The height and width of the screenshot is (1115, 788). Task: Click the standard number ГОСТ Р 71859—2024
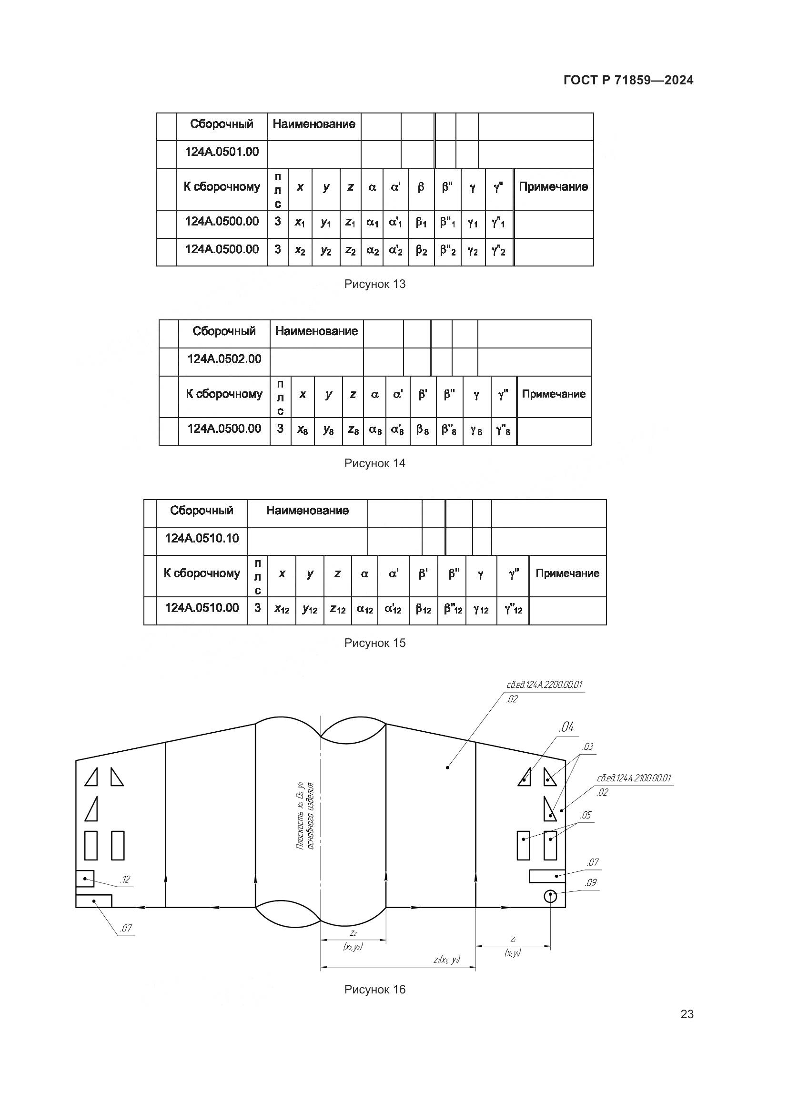pyautogui.click(x=628, y=80)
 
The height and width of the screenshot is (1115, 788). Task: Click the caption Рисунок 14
pyautogui.click(x=374, y=463)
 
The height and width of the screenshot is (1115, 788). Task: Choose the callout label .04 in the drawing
pyautogui.click(x=566, y=727)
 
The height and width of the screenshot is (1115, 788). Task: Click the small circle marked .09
pyautogui.click(x=550, y=896)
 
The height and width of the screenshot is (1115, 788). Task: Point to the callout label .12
pyautogui.click(x=125, y=880)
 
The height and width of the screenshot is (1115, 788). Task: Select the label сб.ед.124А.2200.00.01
pyautogui.click(x=544, y=685)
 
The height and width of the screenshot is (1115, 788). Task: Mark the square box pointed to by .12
pyautogui.click(x=85, y=879)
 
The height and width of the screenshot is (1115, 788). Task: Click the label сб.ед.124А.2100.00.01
pyautogui.click(x=634, y=778)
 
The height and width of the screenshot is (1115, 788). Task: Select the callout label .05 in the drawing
pyautogui.click(x=586, y=815)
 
